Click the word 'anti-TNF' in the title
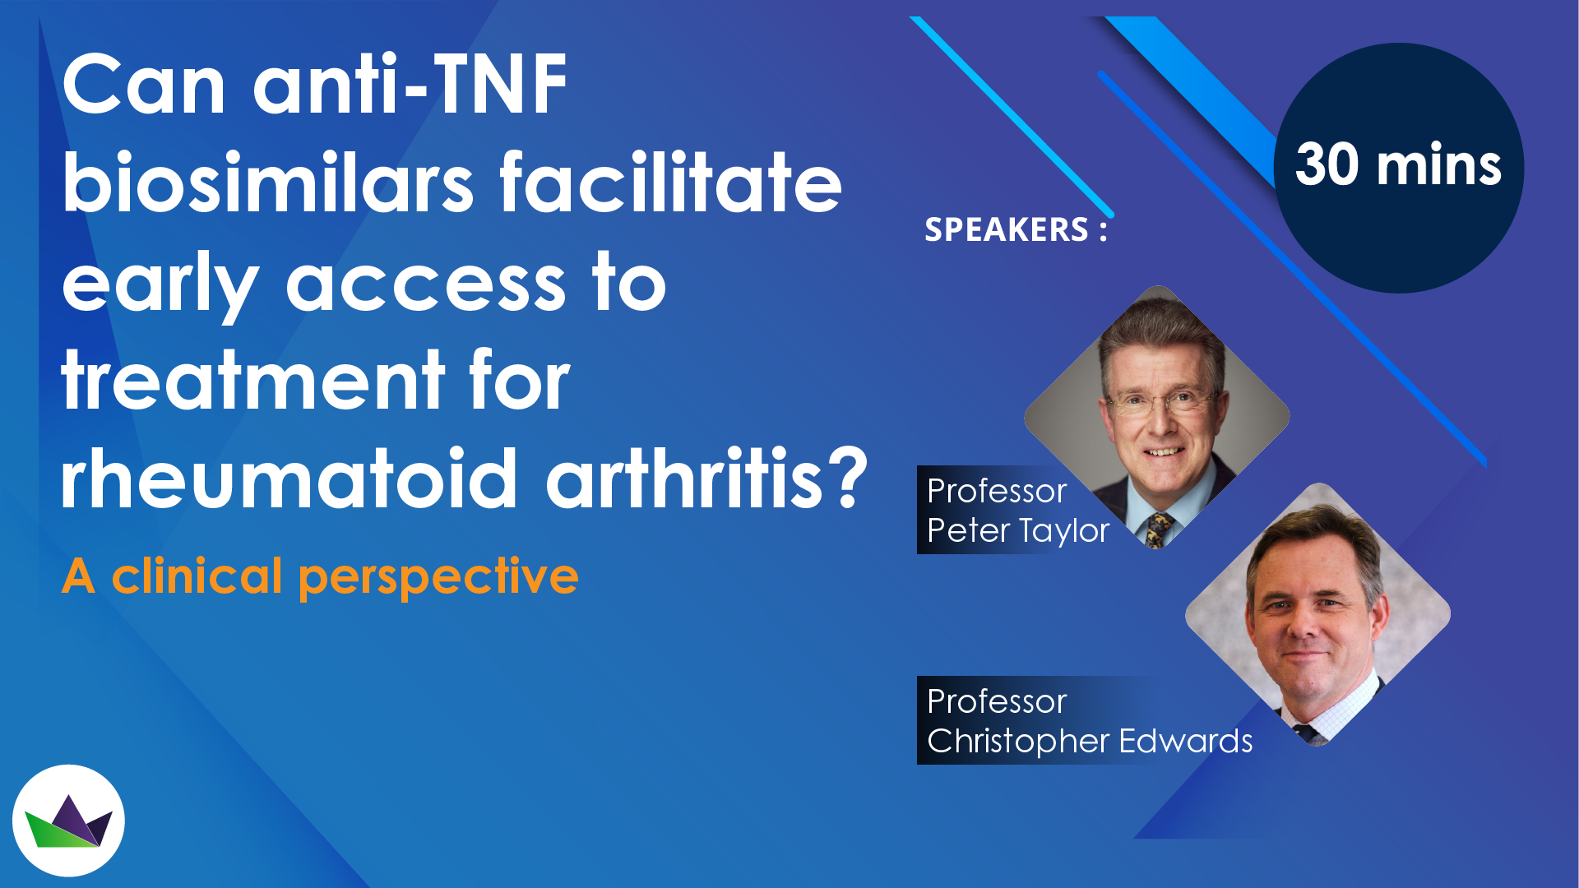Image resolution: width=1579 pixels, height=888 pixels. coord(410,84)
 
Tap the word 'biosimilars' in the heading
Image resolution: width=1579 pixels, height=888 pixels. coord(268,182)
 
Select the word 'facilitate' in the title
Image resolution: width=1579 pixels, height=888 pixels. coord(671,182)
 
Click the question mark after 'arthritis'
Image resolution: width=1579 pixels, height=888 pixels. coord(847,478)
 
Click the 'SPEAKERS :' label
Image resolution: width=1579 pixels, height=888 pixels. coord(1016,229)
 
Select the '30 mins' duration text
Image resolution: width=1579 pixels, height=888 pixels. coord(1398,164)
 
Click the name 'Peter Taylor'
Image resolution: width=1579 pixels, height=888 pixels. coord(1018,531)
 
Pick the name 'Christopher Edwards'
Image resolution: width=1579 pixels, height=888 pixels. coord(1090,742)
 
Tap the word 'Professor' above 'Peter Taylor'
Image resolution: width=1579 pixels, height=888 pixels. coord(997,491)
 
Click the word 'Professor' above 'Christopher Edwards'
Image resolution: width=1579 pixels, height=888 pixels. coord(997,701)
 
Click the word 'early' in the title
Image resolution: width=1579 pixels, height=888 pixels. coord(161,284)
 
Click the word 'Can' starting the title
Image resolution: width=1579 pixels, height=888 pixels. coord(144,84)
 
